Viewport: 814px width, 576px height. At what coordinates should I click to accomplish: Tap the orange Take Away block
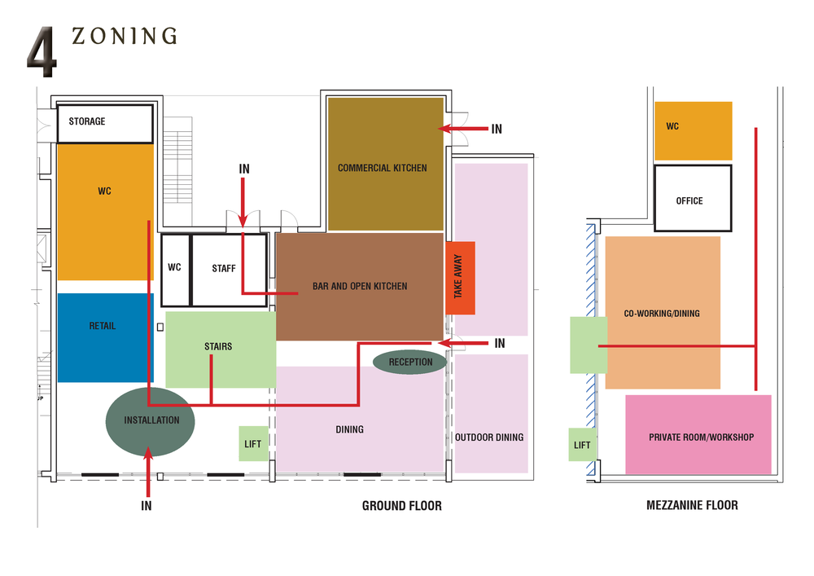pos(460,278)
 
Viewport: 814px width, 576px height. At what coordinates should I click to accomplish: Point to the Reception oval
pos(410,362)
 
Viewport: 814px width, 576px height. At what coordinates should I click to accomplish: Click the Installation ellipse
pos(151,420)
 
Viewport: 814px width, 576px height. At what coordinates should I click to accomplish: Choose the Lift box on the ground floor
pos(253,444)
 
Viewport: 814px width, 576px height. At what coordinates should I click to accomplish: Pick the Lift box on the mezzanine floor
pos(582,445)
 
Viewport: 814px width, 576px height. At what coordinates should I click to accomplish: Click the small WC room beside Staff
pos(174,269)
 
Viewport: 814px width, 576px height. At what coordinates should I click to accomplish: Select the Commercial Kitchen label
pos(382,168)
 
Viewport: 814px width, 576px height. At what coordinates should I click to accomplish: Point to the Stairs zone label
pos(218,346)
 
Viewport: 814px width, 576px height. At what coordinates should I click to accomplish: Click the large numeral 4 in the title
pos(42,54)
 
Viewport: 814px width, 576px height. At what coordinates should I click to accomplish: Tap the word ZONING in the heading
pos(124,36)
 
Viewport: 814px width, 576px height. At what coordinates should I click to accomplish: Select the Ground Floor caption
pos(401,506)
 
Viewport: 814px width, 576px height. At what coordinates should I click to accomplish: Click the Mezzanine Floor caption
pos(692,505)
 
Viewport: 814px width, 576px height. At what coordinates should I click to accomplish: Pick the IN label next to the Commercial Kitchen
pos(497,129)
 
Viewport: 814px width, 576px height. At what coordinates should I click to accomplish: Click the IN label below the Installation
pos(147,505)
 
